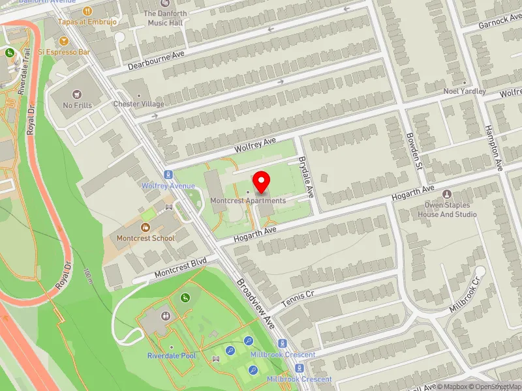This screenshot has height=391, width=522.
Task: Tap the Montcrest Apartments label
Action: click(247, 201)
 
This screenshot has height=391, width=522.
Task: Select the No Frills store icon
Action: click(78, 94)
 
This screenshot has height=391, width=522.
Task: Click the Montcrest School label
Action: click(146, 238)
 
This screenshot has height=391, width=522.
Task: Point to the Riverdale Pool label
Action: click(171, 356)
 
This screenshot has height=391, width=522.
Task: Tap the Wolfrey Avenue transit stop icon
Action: click(168, 175)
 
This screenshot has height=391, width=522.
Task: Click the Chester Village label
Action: click(138, 104)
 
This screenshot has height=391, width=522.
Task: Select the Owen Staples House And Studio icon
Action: click(447, 195)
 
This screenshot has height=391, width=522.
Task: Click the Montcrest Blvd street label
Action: click(181, 267)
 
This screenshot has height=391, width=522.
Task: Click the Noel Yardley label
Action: click(465, 91)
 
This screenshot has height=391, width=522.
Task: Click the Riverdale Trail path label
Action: click(24, 72)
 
